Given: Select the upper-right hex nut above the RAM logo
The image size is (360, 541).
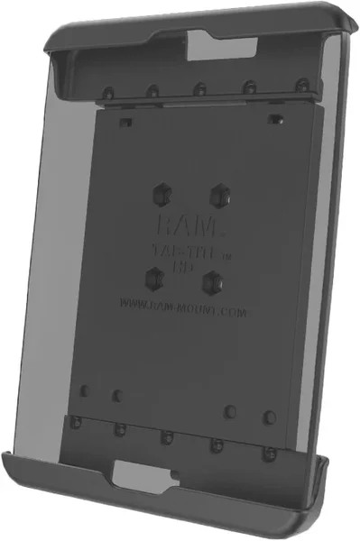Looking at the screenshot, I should (217, 193).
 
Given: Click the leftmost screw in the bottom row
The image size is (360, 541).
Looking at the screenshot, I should (78, 423).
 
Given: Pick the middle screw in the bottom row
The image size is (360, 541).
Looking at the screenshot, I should (165, 438).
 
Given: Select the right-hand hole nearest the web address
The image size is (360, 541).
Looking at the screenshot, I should (230, 410).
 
